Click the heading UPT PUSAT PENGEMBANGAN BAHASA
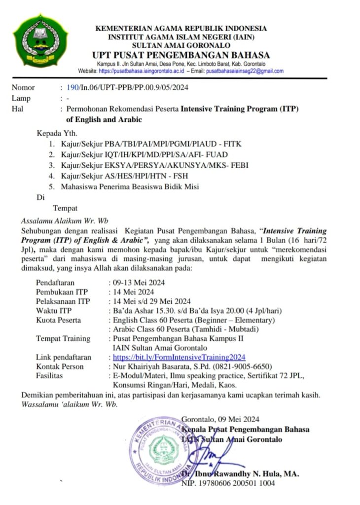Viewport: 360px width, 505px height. (x=180, y=55)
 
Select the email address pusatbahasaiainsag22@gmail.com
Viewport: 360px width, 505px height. (x=245, y=71)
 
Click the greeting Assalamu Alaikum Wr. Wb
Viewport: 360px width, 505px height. (x=65, y=219)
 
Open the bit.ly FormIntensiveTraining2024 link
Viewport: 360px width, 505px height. (x=180, y=357)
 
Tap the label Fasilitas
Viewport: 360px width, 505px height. (x=50, y=376)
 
